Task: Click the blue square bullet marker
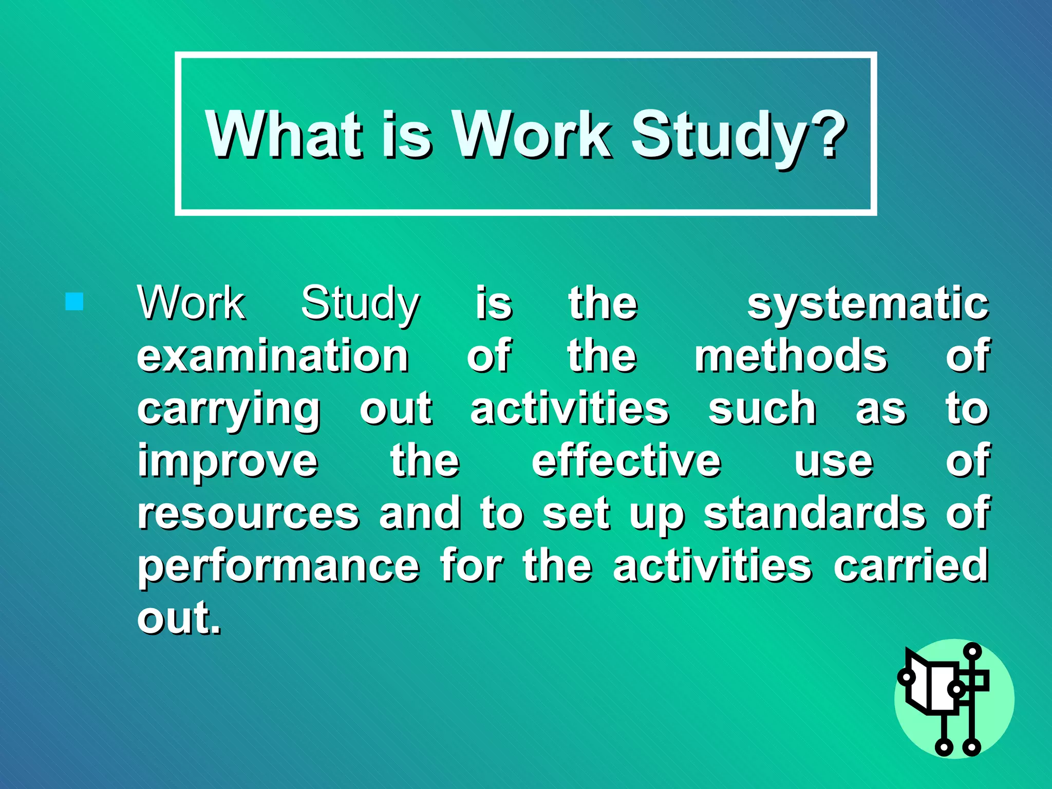click(74, 302)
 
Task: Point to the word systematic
click(868, 304)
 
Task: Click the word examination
click(273, 356)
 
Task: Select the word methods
click(791, 356)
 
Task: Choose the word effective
click(626, 461)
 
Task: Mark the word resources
click(248, 514)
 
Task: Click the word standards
click(815, 513)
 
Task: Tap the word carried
click(910, 566)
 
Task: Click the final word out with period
click(179, 618)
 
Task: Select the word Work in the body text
click(191, 304)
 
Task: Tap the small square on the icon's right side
click(979, 681)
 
